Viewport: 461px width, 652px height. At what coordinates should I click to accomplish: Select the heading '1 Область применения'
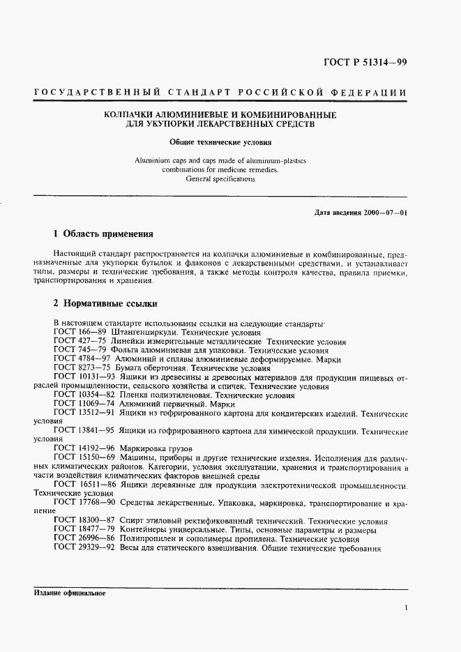tap(103, 233)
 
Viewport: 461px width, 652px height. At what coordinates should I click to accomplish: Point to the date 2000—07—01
tap(380, 212)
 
